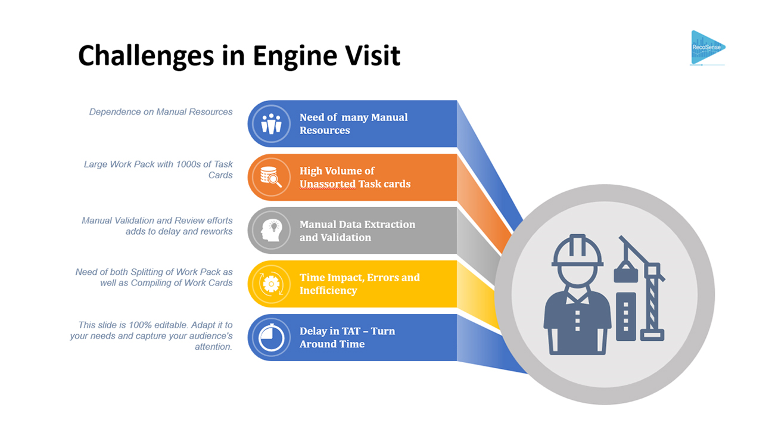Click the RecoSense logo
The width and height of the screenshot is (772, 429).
pos(708,47)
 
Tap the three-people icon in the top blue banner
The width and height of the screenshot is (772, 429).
pos(271,124)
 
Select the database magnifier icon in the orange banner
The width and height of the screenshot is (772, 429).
pos(271,177)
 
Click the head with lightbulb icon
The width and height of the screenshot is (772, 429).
pos(271,231)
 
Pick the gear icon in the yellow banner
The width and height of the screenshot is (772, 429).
pos(271,284)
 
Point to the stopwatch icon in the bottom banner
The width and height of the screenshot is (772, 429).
pos(271,338)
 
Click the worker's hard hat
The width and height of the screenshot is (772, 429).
pos(577,250)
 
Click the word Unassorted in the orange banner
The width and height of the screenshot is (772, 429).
pos(327,184)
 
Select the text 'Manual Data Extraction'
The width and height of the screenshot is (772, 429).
pos(357,225)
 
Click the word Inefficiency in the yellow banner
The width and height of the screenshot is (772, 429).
pos(328,291)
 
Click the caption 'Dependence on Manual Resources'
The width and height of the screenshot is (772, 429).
pos(161,112)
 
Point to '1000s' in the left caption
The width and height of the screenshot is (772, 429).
pos(182,164)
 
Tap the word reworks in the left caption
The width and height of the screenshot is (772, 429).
pos(216,231)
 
